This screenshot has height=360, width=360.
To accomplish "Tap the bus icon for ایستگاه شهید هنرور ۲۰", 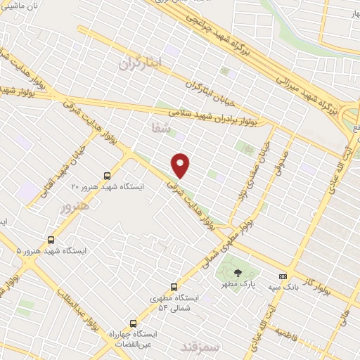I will [107, 176].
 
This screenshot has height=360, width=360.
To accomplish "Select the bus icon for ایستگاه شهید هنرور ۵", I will [51, 240].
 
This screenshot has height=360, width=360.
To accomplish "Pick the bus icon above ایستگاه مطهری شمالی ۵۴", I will [172, 287].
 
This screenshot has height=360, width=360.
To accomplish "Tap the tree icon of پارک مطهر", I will [237, 274].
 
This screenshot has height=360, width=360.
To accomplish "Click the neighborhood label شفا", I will [160, 127].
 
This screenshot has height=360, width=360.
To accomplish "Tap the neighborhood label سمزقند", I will [200, 347].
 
